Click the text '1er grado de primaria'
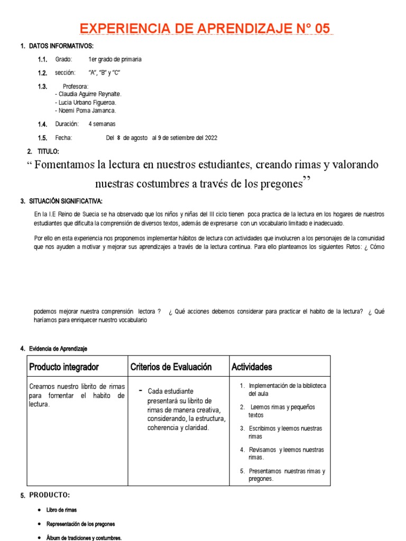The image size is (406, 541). coord(115,60)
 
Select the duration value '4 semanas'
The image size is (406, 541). coord(102,124)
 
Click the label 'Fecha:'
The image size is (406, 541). coord(63,138)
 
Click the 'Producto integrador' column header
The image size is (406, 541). coord(64,367)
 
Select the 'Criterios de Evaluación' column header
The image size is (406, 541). coord(171,367)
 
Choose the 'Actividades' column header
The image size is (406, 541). coord(252,367)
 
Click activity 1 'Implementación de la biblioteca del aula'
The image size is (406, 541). coord(287,390)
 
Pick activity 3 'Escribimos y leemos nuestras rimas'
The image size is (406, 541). coord(285,432)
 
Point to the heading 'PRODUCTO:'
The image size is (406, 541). coord(50,495)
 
